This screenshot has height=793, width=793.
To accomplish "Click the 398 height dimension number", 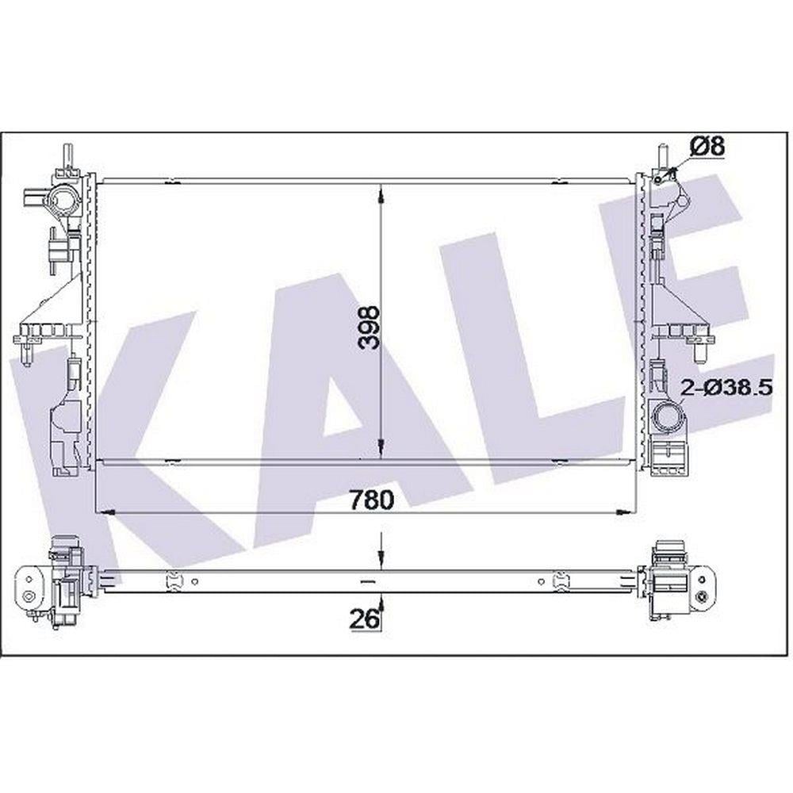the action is pyautogui.click(x=368, y=328).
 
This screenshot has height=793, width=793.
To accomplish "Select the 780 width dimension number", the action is pyautogui.click(x=372, y=500).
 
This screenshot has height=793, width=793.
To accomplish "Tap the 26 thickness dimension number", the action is pyautogui.click(x=364, y=619).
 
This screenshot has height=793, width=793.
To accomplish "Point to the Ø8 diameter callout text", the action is pyautogui.click(x=707, y=147).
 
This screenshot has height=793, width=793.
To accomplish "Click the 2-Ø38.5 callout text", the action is pyautogui.click(x=726, y=388).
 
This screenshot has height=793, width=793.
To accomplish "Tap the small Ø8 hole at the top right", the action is pyautogui.click(x=657, y=180).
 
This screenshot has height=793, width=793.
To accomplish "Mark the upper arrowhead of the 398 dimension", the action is pyautogui.click(x=381, y=195).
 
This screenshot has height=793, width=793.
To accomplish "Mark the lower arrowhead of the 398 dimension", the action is pyautogui.click(x=381, y=447).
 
